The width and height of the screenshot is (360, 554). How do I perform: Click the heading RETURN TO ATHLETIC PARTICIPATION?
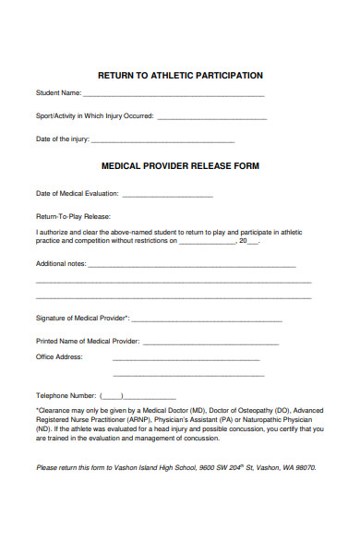pyautogui.click(x=180, y=75)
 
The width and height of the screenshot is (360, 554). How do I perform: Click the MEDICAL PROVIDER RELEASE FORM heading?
pyautogui.click(x=180, y=166)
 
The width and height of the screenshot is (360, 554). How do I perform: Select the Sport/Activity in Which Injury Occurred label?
pyautogui.click(x=95, y=116)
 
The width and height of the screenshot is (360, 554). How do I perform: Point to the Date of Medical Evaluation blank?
pyautogui.click(x=167, y=194)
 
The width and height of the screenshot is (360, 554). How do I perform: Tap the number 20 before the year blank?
pyautogui.click(x=244, y=240)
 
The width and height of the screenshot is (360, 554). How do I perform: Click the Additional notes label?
pyautogui.click(x=60, y=263)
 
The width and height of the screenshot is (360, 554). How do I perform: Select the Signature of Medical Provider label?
pyautogui.click(x=82, y=319)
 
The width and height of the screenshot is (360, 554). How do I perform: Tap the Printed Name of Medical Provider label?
pyautogui.click(x=88, y=341)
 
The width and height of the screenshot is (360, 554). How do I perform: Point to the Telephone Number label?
pyautogui.click(x=66, y=395)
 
